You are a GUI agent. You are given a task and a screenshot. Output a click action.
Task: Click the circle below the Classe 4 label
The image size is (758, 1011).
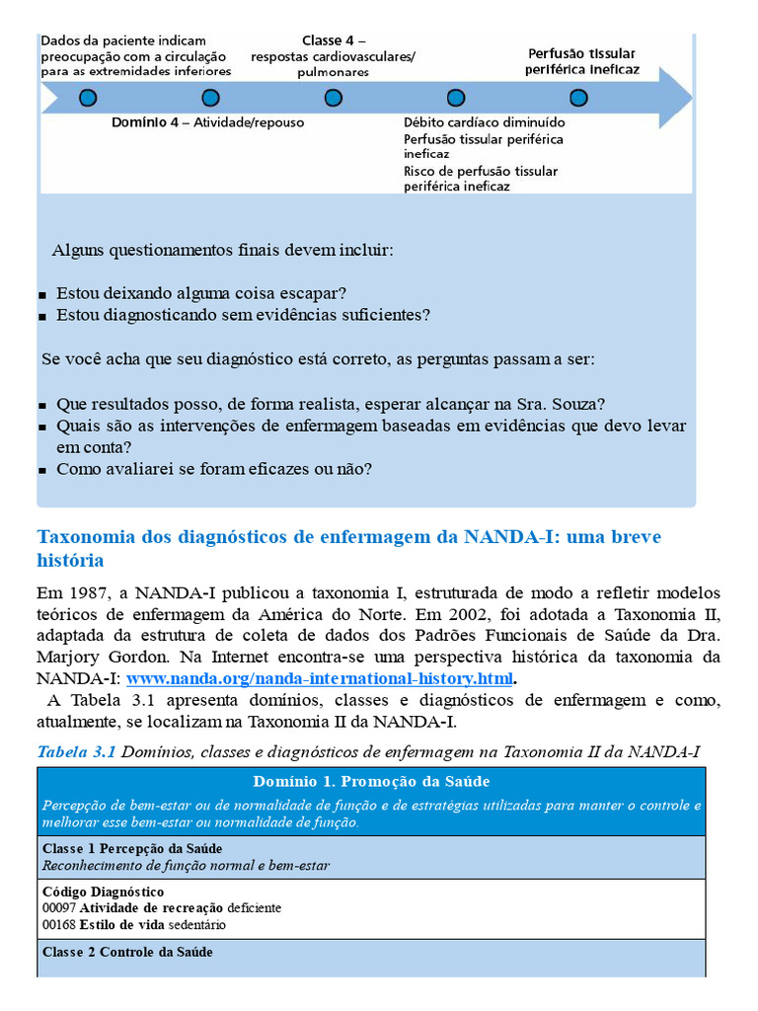click(x=334, y=98)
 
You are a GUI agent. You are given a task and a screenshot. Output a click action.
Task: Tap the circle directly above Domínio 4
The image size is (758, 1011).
click(x=210, y=98)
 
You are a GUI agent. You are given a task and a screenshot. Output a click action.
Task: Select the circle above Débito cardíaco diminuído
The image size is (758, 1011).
click(x=455, y=98)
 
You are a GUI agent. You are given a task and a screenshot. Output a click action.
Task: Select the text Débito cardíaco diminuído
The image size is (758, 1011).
click(x=484, y=123)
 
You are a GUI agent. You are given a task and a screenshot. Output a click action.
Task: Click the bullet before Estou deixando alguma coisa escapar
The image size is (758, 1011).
click(x=42, y=295)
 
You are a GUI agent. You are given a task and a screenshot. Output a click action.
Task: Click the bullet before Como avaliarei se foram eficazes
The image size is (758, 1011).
click(x=42, y=471)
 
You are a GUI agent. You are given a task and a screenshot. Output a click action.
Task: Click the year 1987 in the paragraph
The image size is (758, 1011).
click(x=85, y=593)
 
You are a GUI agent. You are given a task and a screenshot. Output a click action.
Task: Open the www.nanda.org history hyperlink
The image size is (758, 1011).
click(x=320, y=679)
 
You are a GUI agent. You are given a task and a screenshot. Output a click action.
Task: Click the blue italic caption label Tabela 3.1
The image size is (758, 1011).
click(x=76, y=752)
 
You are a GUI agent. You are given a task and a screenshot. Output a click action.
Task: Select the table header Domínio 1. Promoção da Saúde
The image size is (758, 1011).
click(x=371, y=781)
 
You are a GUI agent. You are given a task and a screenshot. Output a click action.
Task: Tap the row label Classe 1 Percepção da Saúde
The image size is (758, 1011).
click(x=132, y=848)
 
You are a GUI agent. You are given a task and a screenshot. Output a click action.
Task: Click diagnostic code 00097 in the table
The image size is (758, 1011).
click(x=58, y=907)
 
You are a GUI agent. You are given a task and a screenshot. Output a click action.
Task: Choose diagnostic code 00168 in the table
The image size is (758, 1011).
click(x=58, y=925)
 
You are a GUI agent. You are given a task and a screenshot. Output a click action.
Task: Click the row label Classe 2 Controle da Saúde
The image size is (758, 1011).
click(x=127, y=952)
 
